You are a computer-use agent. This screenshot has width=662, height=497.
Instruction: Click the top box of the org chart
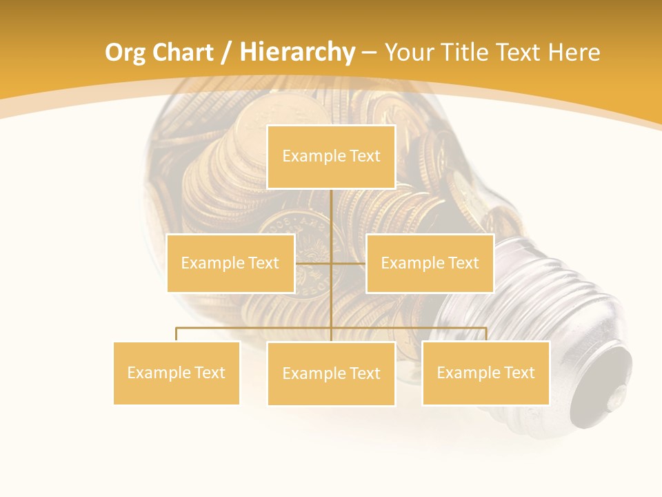tap(331, 157)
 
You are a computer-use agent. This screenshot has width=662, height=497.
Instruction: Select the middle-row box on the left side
tap(230, 263)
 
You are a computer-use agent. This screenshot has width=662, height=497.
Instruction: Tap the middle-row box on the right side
tap(430, 263)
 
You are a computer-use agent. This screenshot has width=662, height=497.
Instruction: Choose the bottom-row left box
tap(177, 373)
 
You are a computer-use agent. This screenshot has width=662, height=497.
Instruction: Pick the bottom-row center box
tap(331, 373)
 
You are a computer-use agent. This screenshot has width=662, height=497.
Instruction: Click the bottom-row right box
tap(485, 373)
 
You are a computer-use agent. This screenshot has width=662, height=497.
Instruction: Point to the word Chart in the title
tap(183, 52)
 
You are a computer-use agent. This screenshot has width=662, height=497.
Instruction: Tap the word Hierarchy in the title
tap(297, 52)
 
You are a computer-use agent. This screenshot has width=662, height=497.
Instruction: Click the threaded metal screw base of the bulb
tap(545, 297)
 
